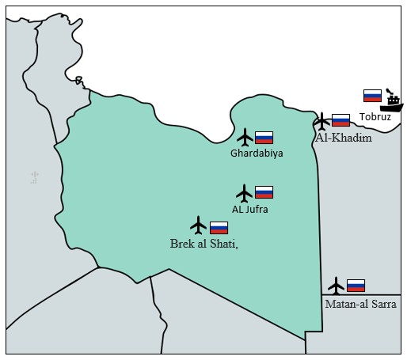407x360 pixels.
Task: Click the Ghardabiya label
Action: (257, 153)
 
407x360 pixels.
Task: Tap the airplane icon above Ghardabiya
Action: (245, 137)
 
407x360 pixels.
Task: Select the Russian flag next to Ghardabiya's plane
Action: (264, 137)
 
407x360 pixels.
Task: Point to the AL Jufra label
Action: (249, 209)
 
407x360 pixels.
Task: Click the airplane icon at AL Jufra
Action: (245, 192)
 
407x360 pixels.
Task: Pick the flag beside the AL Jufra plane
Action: (264, 192)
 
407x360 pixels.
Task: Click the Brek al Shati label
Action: (204, 244)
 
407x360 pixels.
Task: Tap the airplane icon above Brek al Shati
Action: (198, 225)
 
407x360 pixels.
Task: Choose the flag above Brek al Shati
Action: (219, 227)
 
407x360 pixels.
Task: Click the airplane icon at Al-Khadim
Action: (321, 121)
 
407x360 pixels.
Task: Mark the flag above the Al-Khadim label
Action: (340, 120)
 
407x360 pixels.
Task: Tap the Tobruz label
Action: (375, 117)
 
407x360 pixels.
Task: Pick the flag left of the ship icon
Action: (372, 96)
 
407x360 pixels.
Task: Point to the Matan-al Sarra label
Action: (360, 303)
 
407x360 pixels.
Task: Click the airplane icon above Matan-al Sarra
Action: (337, 285)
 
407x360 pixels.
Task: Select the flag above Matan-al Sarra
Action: (356, 285)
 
